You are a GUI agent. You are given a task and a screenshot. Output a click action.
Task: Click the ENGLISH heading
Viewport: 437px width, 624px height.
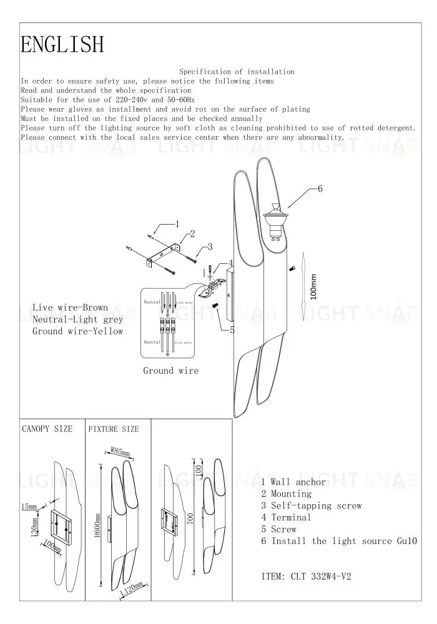click(62, 45)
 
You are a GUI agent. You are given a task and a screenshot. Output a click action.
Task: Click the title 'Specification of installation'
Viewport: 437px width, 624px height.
click(237, 72)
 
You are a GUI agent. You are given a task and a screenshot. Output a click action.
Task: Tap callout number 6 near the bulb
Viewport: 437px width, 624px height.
click(320, 188)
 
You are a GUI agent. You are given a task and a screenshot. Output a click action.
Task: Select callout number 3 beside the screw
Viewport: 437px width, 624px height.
click(210, 247)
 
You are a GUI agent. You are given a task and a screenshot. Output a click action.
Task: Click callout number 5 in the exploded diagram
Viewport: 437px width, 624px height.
click(232, 330)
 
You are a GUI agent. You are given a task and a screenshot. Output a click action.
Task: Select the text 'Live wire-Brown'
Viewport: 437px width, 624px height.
click(70, 308)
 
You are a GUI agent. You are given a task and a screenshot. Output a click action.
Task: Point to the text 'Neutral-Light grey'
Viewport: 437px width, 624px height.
click(77, 319)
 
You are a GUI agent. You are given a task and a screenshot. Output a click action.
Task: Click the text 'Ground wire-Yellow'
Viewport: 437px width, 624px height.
click(77, 331)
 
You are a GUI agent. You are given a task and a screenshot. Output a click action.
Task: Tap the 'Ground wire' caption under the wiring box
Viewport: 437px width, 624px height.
click(170, 371)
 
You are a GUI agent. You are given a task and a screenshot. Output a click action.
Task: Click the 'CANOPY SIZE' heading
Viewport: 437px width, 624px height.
click(47, 429)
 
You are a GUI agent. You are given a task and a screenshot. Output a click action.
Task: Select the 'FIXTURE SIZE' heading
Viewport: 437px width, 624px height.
click(114, 429)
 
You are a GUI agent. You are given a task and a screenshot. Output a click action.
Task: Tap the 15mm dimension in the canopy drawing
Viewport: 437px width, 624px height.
click(29, 506)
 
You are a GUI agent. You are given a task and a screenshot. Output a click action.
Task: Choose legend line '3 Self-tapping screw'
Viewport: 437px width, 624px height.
click(311, 505)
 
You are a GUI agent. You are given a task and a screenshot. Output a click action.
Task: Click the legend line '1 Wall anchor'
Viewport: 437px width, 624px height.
click(293, 482)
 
